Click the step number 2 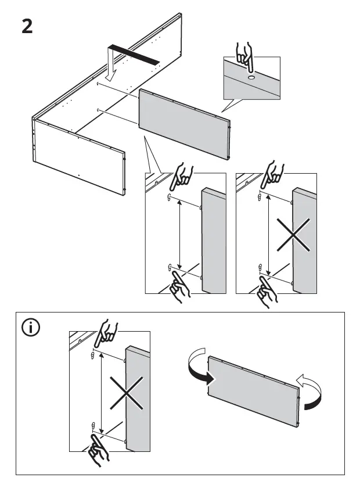point(27,27)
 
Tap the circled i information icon point(31,328)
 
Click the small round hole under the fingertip point(251,76)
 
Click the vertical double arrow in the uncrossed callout point(179,232)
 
